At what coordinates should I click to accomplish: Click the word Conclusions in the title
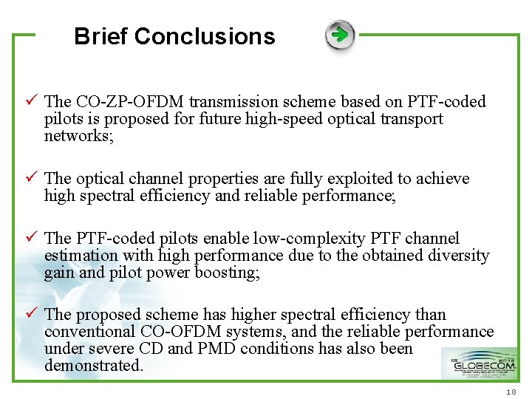(205, 36)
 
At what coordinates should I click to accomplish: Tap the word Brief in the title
(101, 36)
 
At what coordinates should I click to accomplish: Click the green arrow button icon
(340, 35)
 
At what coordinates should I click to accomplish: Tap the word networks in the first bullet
(78, 136)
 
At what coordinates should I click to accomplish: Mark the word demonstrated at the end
(93, 366)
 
